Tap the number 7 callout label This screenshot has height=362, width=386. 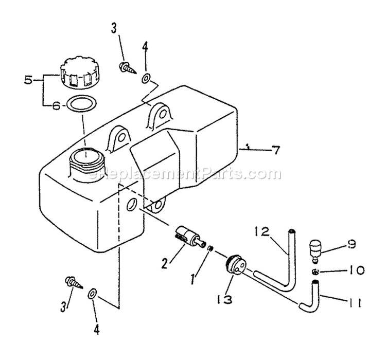pos(276,150)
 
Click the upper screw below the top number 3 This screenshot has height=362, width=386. pos(128,68)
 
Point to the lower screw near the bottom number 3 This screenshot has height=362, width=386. pos(74,282)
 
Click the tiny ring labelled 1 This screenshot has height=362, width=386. pos(210,248)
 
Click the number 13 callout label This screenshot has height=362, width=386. pos(224,299)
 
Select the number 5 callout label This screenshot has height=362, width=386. pos(28,80)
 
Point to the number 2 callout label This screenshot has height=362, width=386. pos(165,263)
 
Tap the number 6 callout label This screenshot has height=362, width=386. pos(56,106)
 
